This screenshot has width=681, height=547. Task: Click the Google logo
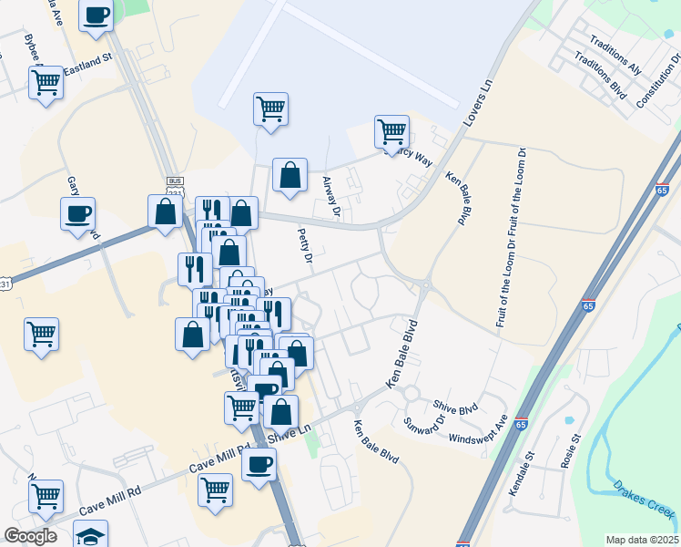tap(30, 536)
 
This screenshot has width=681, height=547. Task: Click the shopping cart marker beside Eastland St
tap(46, 83)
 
